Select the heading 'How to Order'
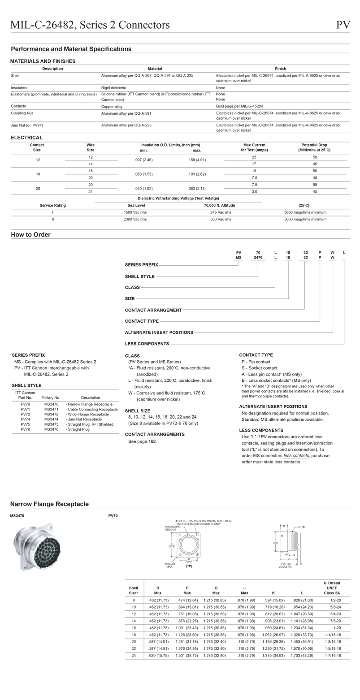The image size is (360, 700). click(30, 234)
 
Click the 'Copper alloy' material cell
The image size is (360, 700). click(112, 107)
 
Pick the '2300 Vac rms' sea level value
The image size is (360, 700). click(135, 219)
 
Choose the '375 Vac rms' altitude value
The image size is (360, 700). click(221, 212)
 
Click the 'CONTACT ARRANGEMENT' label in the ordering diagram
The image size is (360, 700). click(153, 310)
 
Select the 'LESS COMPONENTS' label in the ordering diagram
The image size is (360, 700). click(147, 344)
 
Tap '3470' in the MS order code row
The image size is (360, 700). click(258, 258)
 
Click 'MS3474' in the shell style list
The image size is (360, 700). click(52, 419)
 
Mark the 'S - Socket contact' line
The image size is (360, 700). click(259, 368)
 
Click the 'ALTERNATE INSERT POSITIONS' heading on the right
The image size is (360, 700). click(273, 406)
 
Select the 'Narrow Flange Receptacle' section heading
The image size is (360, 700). click(49, 504)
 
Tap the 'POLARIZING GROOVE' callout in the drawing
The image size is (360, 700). click(172, 528)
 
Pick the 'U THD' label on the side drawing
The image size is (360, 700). click(301, 527)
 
